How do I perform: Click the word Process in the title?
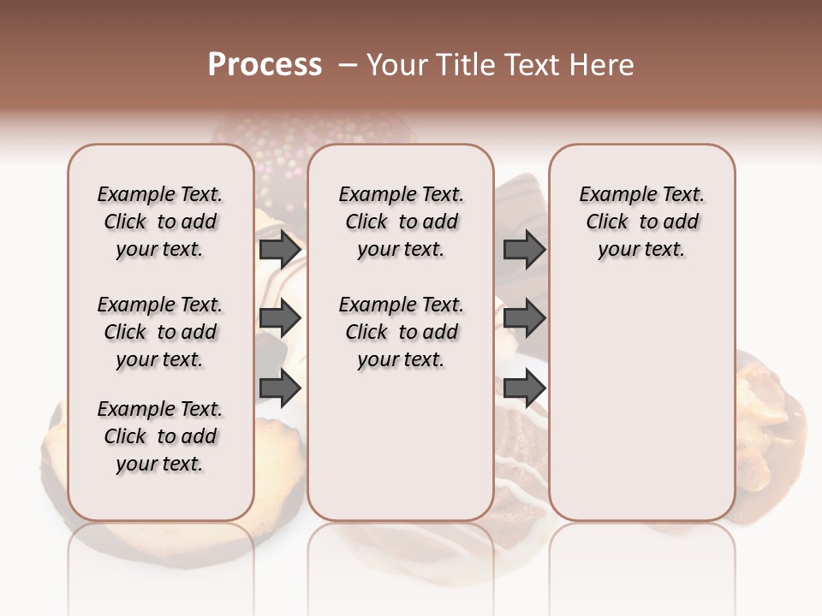pyautogui.click(x=265, y=64)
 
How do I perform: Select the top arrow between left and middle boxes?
pyautogui.click(x=280, y=250)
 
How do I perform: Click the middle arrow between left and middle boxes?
pyautogui.click(x=280, y=319)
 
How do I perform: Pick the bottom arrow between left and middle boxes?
pyautogui.click(x=280, y=388)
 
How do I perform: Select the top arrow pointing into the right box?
pyautogui.click(x=524, y=250)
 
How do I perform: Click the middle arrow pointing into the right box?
pyautogui.click(x=524, y=319)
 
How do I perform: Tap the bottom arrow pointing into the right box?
pyautogui.click(x=524, y=388)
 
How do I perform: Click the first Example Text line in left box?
pyautogui.click(x=160, y=194)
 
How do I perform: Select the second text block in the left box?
pyautogui.click(x=160, y=332)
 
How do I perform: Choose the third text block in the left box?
pyautogui.click(x=160, y=436)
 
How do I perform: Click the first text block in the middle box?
pyautogui.click(x=401, y=222)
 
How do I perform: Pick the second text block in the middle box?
pyautogui.click(x=401, y=332)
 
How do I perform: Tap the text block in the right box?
pyautogui.click(x=641, y=222)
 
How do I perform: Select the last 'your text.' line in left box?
pyautogui.click(x=160, y=464)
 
